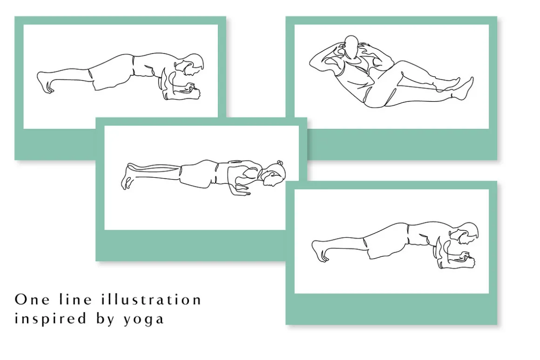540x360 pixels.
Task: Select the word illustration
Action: [151, 300]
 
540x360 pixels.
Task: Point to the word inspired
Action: [50, 318]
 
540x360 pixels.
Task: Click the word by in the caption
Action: [105, 318]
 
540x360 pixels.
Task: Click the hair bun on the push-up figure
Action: [280, 163]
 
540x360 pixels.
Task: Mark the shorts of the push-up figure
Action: [198, 175]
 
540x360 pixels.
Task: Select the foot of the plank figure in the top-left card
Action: [44, 82]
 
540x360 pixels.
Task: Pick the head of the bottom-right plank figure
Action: [466, 234]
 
